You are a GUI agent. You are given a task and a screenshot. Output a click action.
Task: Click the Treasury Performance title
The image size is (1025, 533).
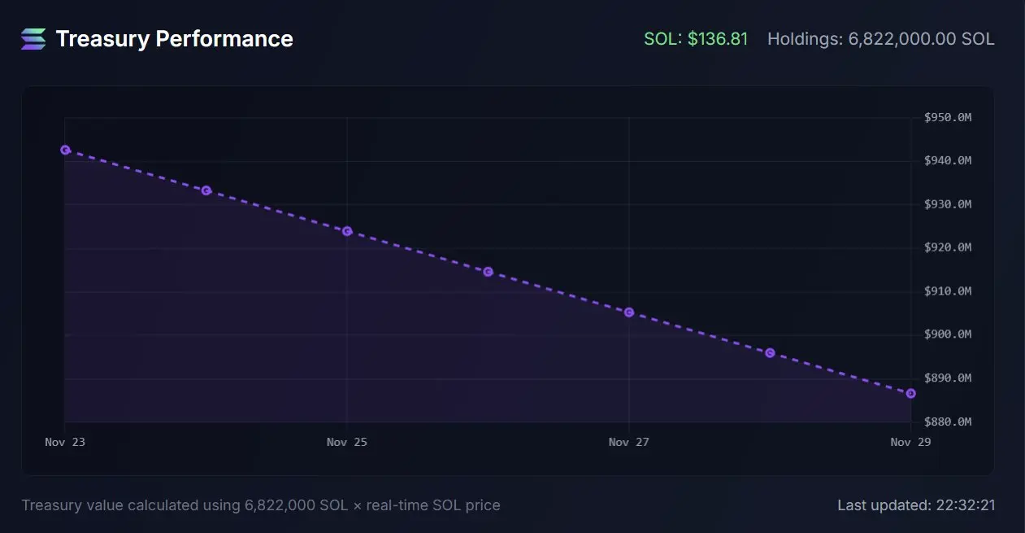174,39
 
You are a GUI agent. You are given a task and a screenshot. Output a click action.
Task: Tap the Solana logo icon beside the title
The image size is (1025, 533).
34,39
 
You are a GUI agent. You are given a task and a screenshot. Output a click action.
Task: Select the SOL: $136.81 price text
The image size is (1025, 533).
696,39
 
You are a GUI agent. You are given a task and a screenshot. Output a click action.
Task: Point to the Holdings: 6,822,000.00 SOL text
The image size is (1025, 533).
880,39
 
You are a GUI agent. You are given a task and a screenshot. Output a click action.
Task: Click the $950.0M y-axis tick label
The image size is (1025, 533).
947,118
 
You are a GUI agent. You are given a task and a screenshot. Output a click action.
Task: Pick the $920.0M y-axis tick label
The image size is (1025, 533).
947,247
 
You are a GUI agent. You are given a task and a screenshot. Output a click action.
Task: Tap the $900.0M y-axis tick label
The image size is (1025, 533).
947,334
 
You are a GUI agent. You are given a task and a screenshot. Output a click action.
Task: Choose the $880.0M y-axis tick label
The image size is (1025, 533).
947,422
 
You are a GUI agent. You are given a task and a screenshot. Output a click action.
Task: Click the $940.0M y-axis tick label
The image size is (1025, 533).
947,161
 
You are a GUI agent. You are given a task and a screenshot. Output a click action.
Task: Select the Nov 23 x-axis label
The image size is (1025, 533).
65,443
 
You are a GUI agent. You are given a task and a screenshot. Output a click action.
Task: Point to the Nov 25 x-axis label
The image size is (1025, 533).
347,443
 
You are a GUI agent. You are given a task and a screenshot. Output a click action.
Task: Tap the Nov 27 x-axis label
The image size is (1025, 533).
629,443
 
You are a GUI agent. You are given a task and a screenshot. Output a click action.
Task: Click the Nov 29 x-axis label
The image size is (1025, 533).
910,443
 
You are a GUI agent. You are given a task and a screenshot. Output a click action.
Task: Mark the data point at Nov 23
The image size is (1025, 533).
65,150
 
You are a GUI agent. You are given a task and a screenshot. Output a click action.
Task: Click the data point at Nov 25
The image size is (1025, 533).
347,231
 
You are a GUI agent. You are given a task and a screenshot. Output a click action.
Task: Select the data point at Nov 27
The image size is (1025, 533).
629,312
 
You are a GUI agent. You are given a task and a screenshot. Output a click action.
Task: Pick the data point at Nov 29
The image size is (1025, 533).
910,393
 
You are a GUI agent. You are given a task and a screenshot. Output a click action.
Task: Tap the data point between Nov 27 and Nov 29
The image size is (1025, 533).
770,353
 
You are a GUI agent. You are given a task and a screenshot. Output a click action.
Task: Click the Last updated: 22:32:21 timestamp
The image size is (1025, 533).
916,505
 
